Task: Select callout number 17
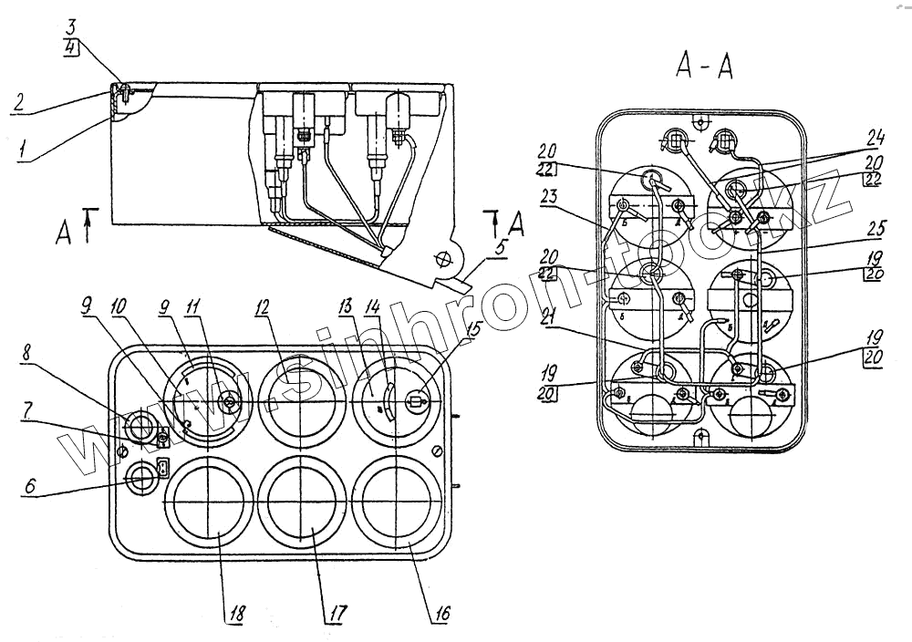click(x=338, y=613)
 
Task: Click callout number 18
click(x=233, y=613)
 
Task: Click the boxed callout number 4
click(x=71, y=49)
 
